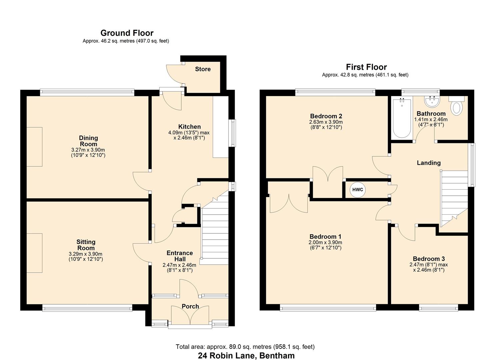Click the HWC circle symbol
tap(358, 190)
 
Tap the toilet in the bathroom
tap(457, 106)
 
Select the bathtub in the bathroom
tap(402, 118)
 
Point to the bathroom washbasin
tap(432, 102)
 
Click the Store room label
tap(203, 69)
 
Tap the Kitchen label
tap(189, 127)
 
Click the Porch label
tap(190, 306)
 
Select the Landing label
tap(429, 163)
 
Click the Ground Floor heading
tap(127, 33)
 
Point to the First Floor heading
tap(366, 67)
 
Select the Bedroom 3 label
tap(429, 259)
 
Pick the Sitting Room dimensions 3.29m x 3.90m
tap(86, 254)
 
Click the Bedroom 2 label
tap(326, 116)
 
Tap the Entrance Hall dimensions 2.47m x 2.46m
tap(179, 265)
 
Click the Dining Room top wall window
tap(87, 92)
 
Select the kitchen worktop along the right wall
tap(220, 127)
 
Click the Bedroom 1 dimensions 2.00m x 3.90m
tap(325, 242)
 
